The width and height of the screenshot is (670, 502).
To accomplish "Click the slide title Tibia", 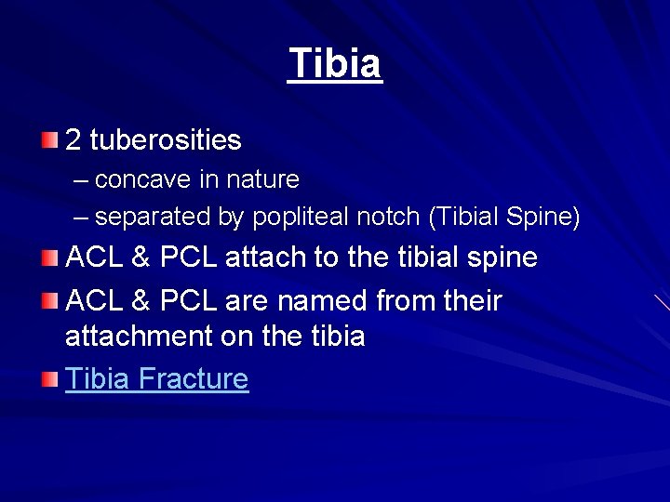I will click(335, 64).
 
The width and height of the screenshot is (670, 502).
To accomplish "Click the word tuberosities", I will click(166, 140).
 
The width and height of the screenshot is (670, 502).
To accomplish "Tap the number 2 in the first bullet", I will click(74, 140).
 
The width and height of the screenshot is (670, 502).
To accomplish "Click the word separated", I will click(154, 218).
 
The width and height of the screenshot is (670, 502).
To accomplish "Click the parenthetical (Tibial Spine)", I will click(504, 218).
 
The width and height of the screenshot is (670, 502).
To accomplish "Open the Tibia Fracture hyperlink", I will click(156, 379).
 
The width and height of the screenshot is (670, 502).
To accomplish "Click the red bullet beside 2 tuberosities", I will click(50, 140).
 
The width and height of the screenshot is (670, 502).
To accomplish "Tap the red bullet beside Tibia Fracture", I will click(50, 379).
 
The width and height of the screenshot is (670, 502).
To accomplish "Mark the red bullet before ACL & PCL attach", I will click(50, 258).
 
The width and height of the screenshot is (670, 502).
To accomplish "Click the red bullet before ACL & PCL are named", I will click(50, 301).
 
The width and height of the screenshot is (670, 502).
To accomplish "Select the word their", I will click(473, 301).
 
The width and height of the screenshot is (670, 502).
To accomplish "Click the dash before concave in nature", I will click(82, 179).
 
